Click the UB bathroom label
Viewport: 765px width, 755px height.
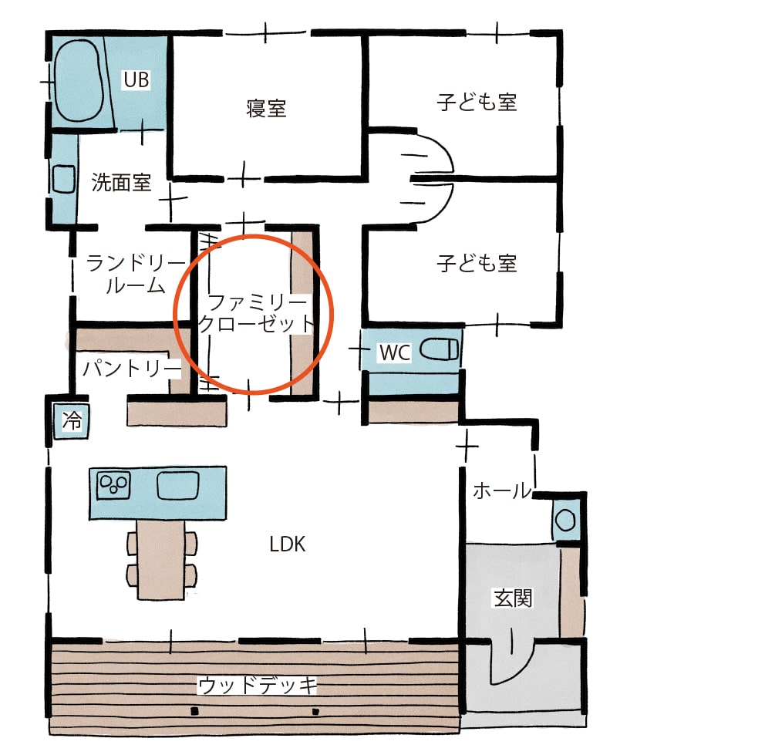tap(136, 79)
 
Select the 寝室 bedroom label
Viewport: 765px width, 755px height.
tap(266, 108)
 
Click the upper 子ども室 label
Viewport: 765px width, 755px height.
tap(477, 102)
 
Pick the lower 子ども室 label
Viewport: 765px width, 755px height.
tap(477, 264)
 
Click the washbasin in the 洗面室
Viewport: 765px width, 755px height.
tap(61, 180)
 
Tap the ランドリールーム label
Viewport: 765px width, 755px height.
tap(125, 274)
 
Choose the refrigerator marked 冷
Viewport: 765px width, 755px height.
tap(71, 421)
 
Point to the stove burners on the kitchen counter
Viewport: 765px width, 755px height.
tap(113, 484)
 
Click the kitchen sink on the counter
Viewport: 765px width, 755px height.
tap(178, 485)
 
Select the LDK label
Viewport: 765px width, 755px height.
tap(288, 544)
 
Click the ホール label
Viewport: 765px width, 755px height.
tap(501, 490)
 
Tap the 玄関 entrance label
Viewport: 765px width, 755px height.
tap(512, 598)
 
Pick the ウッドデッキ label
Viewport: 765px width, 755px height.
tap(258, 685)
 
